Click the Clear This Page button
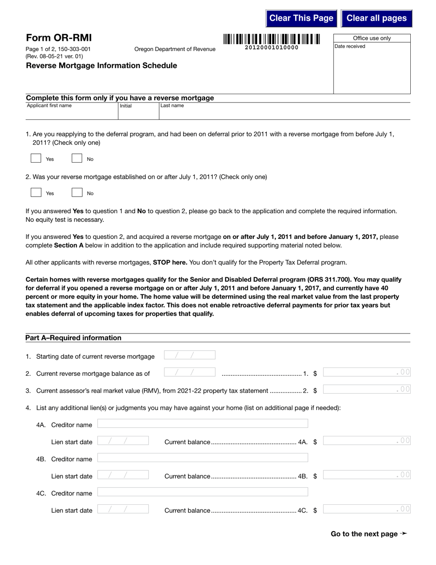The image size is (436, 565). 301,18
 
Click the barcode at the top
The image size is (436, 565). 272,40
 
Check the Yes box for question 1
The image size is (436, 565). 36,158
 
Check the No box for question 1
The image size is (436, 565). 77,158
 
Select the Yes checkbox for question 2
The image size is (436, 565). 36,193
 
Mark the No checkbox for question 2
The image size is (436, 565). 77,193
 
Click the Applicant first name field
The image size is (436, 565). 71,113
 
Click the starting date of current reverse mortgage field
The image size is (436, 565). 190,355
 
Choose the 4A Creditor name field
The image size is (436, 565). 202,424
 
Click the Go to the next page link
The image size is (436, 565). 369,534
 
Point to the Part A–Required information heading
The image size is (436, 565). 73,338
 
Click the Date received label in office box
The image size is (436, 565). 350,46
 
